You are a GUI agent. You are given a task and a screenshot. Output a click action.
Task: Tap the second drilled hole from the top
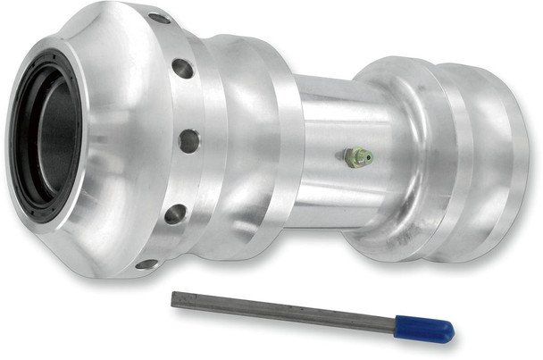coord(182,67)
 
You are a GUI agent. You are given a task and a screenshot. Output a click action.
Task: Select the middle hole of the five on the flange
coord(188,140)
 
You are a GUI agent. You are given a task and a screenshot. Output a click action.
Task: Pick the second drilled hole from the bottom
coord(175,213)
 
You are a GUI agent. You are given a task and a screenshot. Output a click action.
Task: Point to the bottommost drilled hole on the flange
coord(146,264)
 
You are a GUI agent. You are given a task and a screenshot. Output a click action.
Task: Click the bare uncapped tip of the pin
coord(175,297)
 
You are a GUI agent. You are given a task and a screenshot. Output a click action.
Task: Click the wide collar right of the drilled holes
coord(246,143)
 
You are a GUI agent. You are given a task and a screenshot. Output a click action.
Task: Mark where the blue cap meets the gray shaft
coord(398,323)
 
